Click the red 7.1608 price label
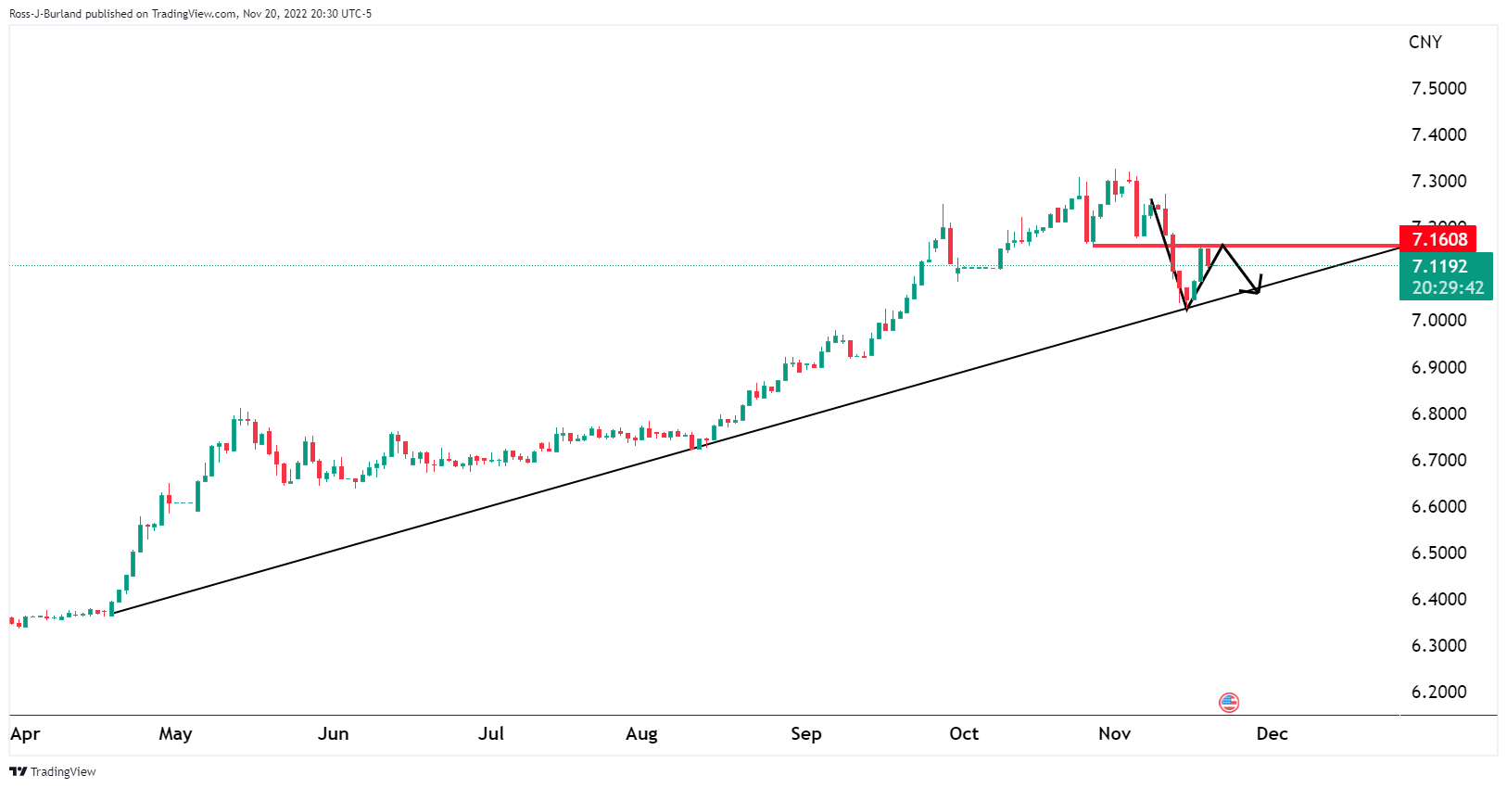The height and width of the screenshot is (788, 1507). [1439, 239]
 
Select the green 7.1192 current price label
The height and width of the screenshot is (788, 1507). [1439, 266]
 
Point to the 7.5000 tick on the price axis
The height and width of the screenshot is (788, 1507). [1438, 88]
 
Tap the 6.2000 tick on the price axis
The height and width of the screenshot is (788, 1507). [1438, 692]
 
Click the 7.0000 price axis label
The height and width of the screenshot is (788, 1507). [1438, 320]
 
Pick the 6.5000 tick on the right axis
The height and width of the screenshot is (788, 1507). [1438, 553]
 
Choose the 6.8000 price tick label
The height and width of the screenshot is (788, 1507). [1438, 413]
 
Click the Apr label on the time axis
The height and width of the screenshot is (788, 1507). [25, 733]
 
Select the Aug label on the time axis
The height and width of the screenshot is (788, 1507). [641, 733]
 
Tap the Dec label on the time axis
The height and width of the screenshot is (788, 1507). [1272, 733]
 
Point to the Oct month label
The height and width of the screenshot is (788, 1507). [964, 733]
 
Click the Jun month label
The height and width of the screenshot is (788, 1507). [333, 733]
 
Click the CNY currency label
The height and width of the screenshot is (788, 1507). [1425, 42]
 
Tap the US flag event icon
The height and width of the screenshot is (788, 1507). [1229, 702]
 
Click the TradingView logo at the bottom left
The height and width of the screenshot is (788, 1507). [53, 771]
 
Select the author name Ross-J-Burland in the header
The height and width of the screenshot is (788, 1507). [45, 14]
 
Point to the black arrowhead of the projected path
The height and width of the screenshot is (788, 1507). [1256, 289]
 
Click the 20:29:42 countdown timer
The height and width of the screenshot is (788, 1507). [1448, 287]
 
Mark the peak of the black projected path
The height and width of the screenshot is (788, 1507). [1223, 245]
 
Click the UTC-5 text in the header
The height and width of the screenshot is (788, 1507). [357, 14]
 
